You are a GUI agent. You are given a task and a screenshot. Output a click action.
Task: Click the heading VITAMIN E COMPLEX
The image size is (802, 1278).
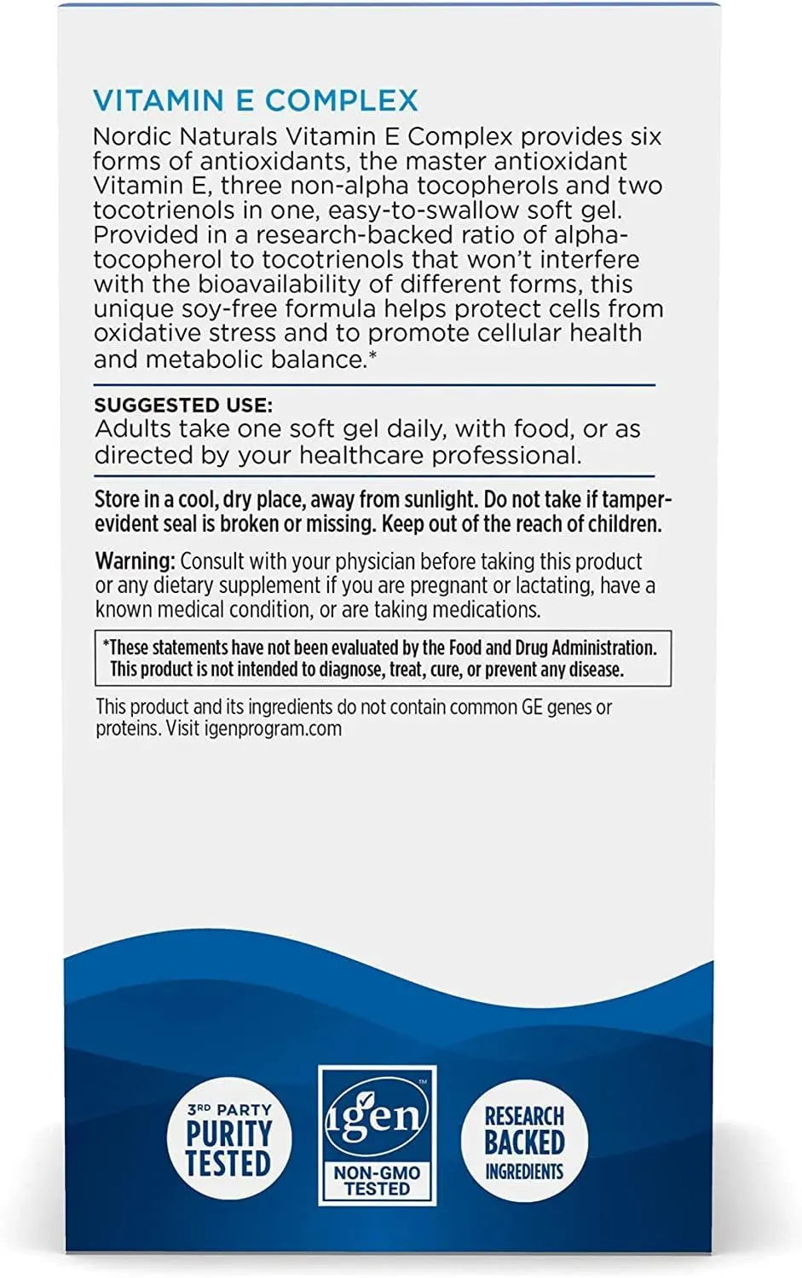coord(255,101)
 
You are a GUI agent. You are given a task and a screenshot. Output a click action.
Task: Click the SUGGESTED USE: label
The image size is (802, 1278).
coord(183,406)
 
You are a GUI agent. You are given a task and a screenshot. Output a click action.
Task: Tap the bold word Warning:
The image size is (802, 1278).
coord(135,561)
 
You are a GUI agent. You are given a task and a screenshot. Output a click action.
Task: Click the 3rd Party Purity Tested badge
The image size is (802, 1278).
coord(228,1141)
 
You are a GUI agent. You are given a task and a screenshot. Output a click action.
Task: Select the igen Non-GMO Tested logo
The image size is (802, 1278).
coord(377,1135)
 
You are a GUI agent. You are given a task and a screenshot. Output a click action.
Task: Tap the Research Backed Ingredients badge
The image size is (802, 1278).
coord(524,1141)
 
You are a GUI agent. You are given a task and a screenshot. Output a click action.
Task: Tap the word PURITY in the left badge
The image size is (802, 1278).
coord(228,1134)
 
